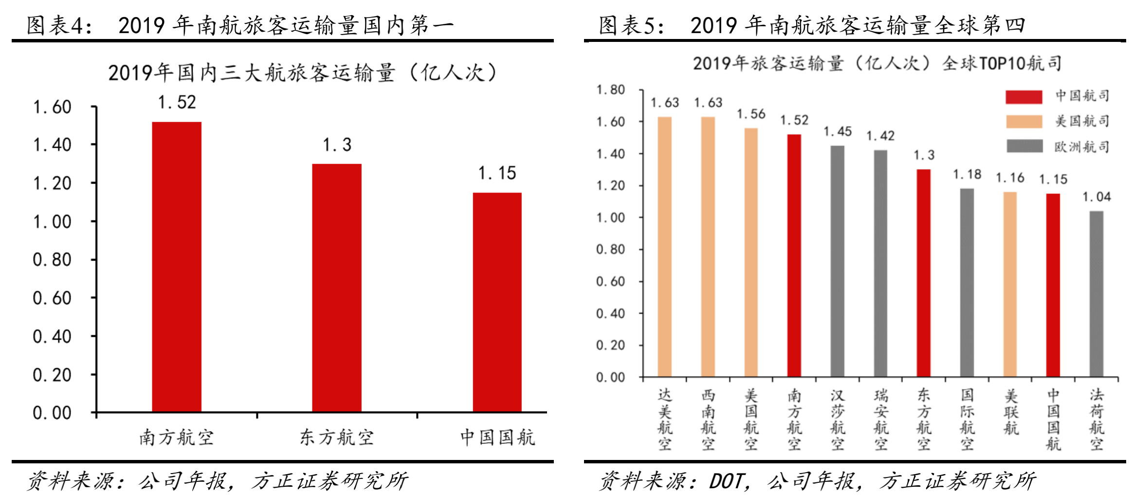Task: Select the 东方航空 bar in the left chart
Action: coord(337,288)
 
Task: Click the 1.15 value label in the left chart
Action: coord(497,173)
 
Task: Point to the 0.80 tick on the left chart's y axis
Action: coord(52,260)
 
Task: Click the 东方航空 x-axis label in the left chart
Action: coord(337,437)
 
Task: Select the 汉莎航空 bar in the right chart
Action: coord(838,261)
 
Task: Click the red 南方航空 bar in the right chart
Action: coord(794,255)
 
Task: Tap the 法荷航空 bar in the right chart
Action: coord(1096,294)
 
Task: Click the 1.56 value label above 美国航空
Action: coord(751,114)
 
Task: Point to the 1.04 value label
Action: coord(1096,197)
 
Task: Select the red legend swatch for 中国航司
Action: coord(1024,96)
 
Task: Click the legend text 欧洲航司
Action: coord(1082,147)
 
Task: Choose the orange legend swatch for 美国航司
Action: coord(1024,121)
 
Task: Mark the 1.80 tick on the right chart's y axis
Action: coord(611,90)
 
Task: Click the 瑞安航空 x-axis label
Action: coord(881,419)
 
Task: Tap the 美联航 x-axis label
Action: coord(1010,412)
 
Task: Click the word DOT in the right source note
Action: coord(726,481)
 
